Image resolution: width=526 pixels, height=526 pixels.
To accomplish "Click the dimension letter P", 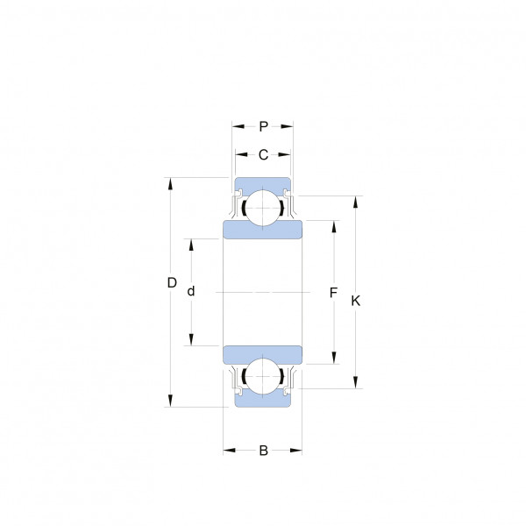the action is point(264,126).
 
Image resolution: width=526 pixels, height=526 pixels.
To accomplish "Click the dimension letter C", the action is point(263,154).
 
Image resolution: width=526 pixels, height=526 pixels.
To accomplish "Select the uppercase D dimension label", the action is point(172,283).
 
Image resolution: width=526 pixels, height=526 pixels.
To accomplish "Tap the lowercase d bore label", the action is point(191,291).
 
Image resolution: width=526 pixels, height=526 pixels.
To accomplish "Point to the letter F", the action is point(333,293).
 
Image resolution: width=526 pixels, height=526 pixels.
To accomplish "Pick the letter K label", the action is point(356,301).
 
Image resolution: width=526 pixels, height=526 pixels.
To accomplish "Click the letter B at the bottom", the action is point(264,451).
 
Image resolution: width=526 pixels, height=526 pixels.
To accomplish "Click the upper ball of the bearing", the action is point(263,208).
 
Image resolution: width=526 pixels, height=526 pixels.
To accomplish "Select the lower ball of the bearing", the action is point(263,376).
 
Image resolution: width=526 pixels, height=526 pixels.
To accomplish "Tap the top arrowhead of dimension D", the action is point(170,184).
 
